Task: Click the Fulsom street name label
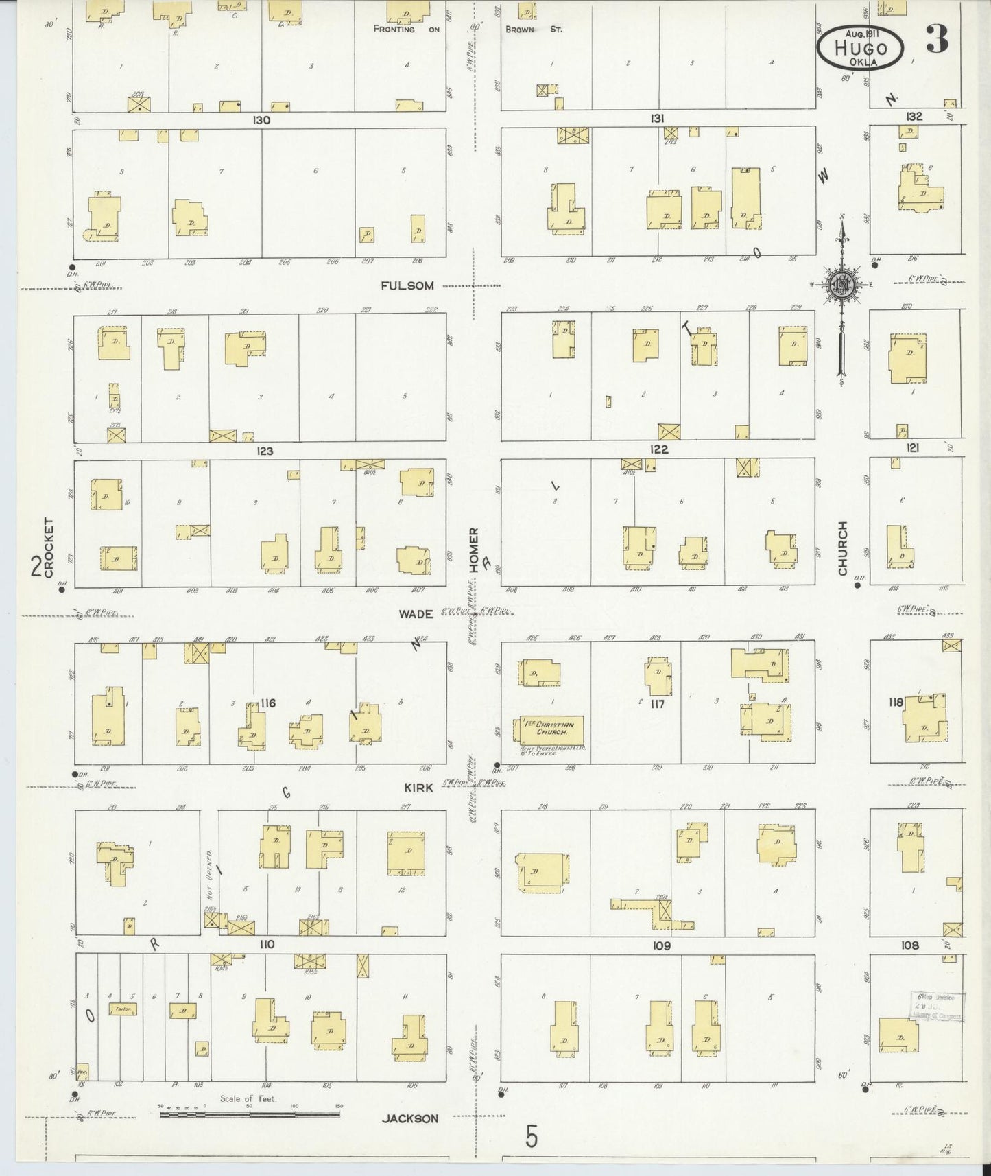[407, 285]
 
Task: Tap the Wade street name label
[416, 613]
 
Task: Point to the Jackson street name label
[409, 1118]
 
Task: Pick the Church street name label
[842, 548]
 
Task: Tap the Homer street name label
[473, 550]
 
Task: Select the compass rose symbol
[840, 285]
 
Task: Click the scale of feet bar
[250, 1114]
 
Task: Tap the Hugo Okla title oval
[860, 47]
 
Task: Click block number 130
[261, 120]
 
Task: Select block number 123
[265, 451]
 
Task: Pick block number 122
[658, 449]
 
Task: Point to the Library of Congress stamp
[937, 1007]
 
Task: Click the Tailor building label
[123, 1009]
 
